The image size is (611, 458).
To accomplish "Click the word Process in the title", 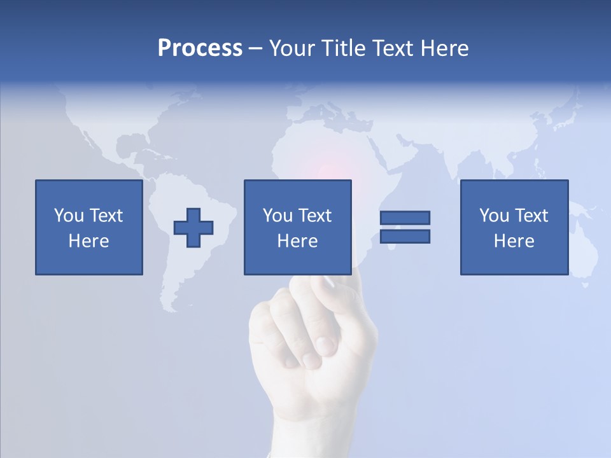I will click(x=200, y=48).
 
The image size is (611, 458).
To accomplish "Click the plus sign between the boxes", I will click(x=193, y=228).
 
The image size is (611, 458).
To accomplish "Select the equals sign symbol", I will click(x=405, y=227).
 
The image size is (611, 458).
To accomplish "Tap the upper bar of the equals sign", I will click(x=405, y=218).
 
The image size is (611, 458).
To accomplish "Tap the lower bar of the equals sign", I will click(x=405, y=236).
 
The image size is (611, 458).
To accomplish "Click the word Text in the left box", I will click(x=106, y=216).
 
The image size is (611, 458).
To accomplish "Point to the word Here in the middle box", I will click(x=298, y=241).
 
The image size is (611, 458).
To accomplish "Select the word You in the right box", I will click(x=494, y=216).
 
